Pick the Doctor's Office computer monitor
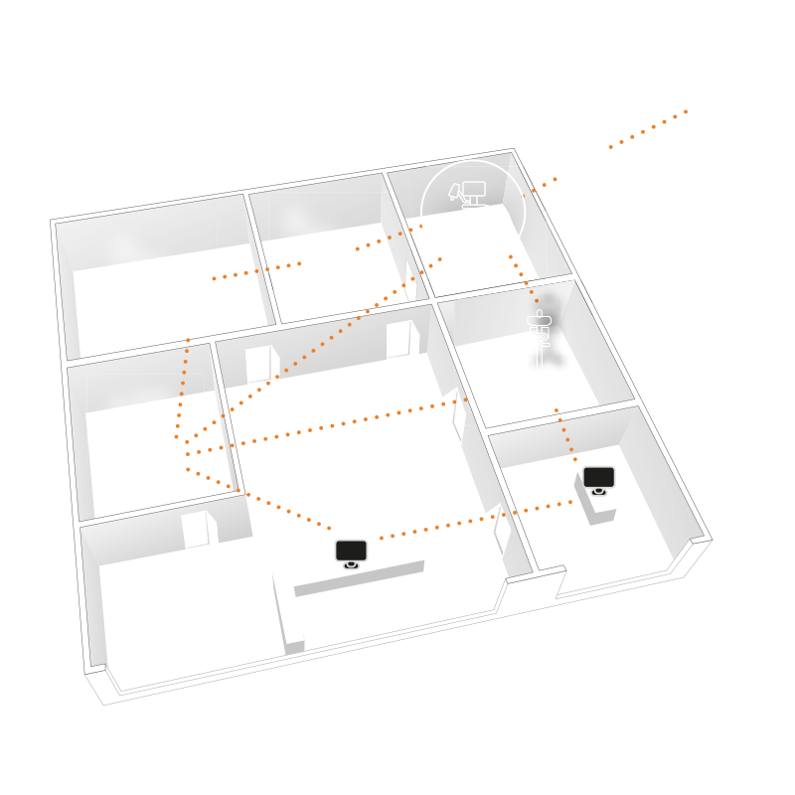pyautogui.click(x=598, y=478)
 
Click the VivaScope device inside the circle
pyautogui.click(x=469, y=212)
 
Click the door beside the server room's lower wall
pyautogui.click(x=195, y=529)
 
